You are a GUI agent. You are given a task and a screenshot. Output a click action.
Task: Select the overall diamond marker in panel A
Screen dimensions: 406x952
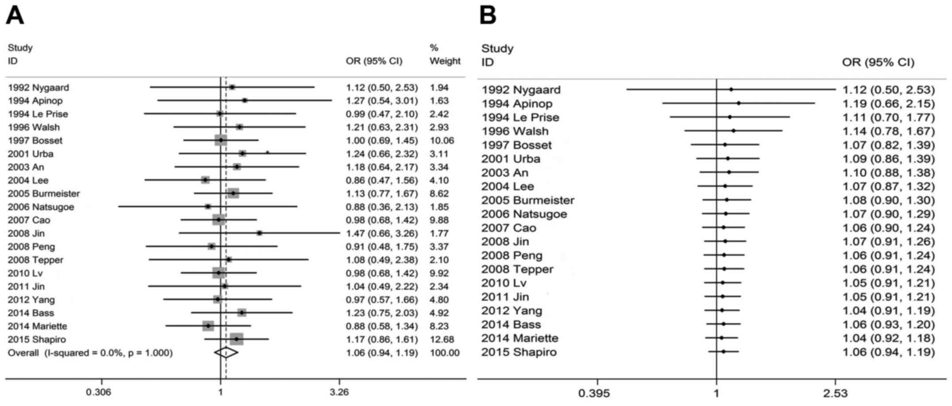226,352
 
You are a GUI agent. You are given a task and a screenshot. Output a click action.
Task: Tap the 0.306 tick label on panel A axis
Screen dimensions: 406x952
99,392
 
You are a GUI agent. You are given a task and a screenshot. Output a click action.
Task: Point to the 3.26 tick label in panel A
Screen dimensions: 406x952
340,392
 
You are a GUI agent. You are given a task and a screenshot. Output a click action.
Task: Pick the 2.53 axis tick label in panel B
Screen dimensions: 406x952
835,393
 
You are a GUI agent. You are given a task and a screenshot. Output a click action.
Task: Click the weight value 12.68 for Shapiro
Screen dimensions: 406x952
439,340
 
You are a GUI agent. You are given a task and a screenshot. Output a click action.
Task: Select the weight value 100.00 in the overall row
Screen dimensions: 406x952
445,353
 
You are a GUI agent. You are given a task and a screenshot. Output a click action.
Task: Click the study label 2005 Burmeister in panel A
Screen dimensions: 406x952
44,193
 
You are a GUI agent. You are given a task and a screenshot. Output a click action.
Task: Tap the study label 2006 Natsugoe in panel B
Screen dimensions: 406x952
524,214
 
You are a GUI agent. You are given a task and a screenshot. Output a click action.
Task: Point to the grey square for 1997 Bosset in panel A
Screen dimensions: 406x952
221,140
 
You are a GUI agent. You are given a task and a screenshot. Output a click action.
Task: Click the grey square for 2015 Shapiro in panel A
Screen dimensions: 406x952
236,339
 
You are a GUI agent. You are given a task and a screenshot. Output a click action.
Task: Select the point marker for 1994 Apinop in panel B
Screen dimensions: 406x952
739,103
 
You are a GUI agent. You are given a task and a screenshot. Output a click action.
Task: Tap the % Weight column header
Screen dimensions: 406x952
445,54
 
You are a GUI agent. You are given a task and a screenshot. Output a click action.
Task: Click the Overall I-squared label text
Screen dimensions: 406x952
90,353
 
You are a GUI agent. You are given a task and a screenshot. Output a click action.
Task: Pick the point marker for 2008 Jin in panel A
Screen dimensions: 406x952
259,233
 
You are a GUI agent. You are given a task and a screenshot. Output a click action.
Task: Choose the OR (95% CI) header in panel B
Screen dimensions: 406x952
878,62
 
